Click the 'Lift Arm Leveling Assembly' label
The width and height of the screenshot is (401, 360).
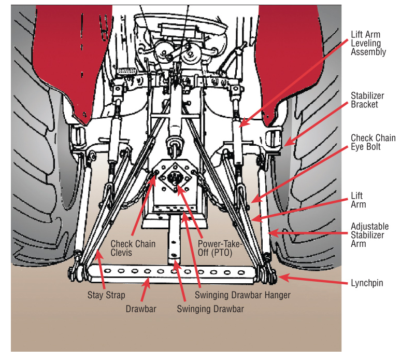pos(368,44)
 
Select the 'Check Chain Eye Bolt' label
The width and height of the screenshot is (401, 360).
pos(370,143)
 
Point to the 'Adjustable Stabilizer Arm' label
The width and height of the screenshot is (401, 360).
pos(369,235)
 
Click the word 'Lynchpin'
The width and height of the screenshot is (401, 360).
pos(367,283)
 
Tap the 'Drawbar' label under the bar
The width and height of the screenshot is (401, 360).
pos(141,309)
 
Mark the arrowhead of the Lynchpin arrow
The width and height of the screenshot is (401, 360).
pos(279,279)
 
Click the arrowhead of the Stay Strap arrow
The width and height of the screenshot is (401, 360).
pos(97,251)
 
